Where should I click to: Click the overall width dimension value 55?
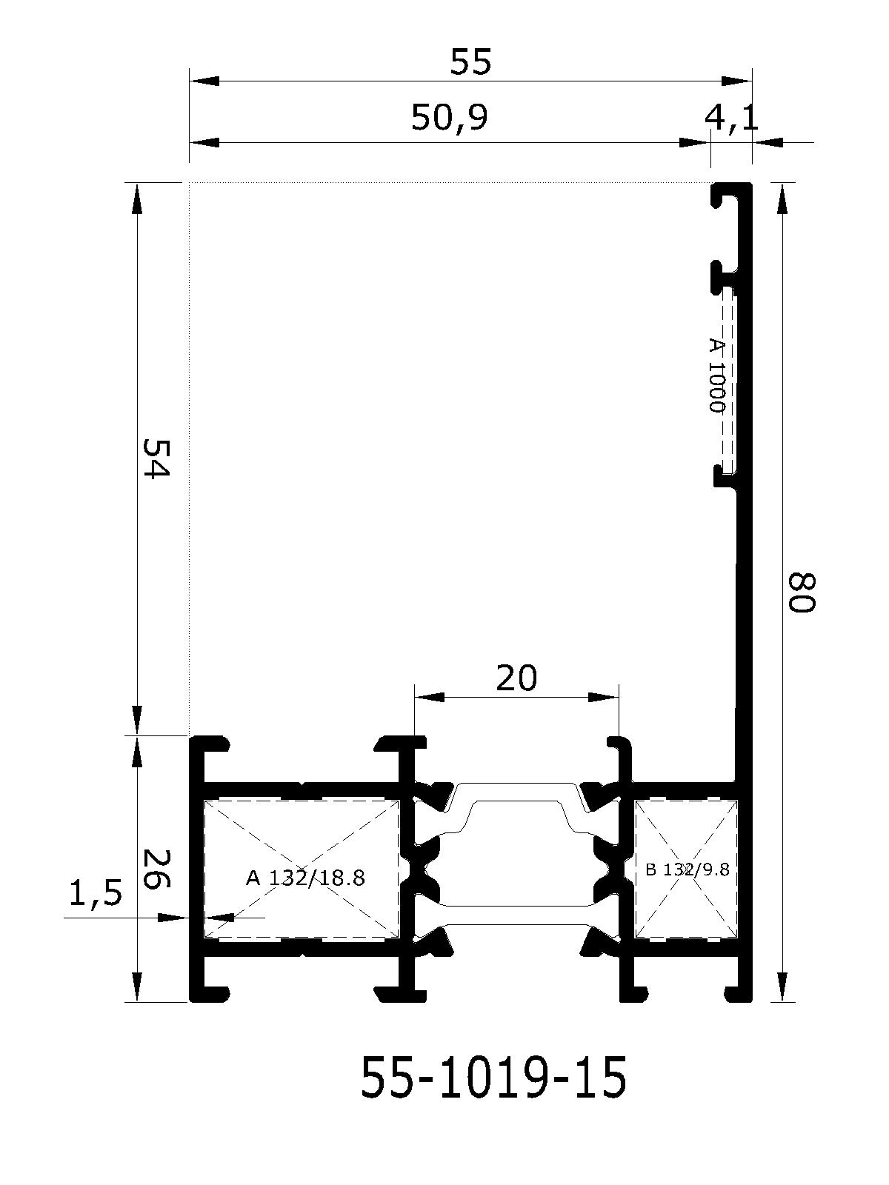(470, 61)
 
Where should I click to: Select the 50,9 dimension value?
(449, 118)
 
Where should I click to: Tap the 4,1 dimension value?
(731, 118)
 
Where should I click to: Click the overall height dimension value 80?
(800, 592)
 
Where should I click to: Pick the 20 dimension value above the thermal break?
(516, 678)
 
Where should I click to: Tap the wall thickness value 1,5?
(96, 896)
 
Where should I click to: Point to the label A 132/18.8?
(305, 878)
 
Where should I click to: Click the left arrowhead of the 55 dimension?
(204, 81)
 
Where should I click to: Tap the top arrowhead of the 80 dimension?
(782, 198)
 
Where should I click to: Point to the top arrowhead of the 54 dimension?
(137, 198)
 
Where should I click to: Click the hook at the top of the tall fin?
(726, 196)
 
